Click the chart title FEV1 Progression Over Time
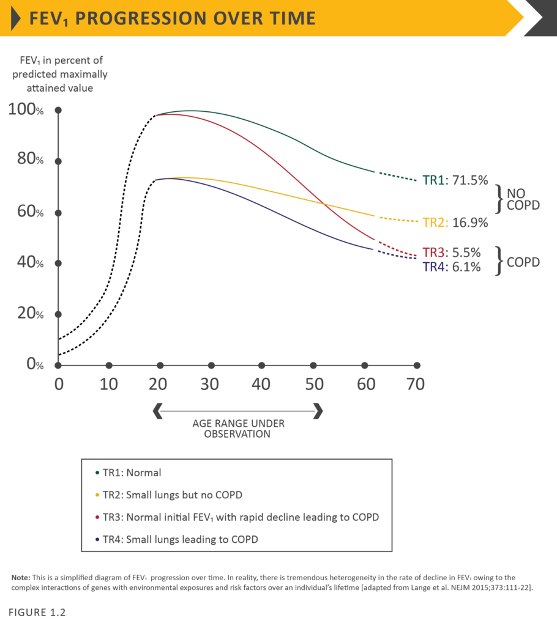[x=173, y=18]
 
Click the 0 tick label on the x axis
[x=59, y=385]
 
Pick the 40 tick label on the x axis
[x=261, y=385]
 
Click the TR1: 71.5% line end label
[x=455, y=180]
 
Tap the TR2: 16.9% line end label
[x=455, y=223]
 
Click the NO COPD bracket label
[x=523, y=199]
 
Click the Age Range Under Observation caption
[x=239, y=428]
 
